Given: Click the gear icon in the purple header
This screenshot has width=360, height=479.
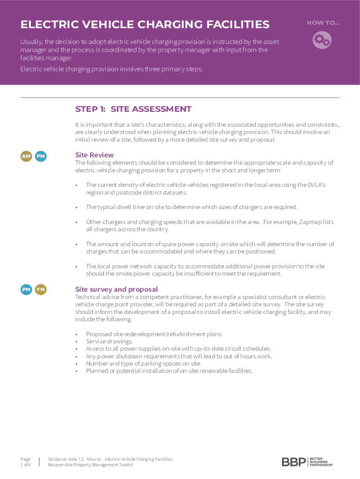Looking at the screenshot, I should tap(322, 40).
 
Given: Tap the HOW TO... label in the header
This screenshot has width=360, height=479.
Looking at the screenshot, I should tap(323, 23).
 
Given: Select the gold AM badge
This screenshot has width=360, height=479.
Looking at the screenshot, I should tap(26, 156).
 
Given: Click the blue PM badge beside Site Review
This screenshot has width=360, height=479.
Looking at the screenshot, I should tap(41, 156).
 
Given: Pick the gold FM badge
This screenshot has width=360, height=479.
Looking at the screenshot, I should tap(41, 290).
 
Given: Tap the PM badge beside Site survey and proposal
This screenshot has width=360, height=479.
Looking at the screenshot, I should tap(26, 290).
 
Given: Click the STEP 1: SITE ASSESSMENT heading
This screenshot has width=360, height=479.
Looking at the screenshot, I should tap(133, 109).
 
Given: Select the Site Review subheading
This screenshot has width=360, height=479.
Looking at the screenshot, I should tap(94, 155).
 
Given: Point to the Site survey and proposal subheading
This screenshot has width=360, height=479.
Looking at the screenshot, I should tap(116, 290).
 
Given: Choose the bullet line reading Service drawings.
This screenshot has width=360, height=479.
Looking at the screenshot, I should tap(103, 341).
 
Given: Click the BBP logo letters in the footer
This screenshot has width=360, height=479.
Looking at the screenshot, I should tap(294, 462).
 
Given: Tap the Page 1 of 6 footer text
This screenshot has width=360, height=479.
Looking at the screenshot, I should tap(26, 462).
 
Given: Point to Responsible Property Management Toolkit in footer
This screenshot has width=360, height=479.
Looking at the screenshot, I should tap(90, 465).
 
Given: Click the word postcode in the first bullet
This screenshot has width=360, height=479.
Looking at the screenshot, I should tap(123, 192).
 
